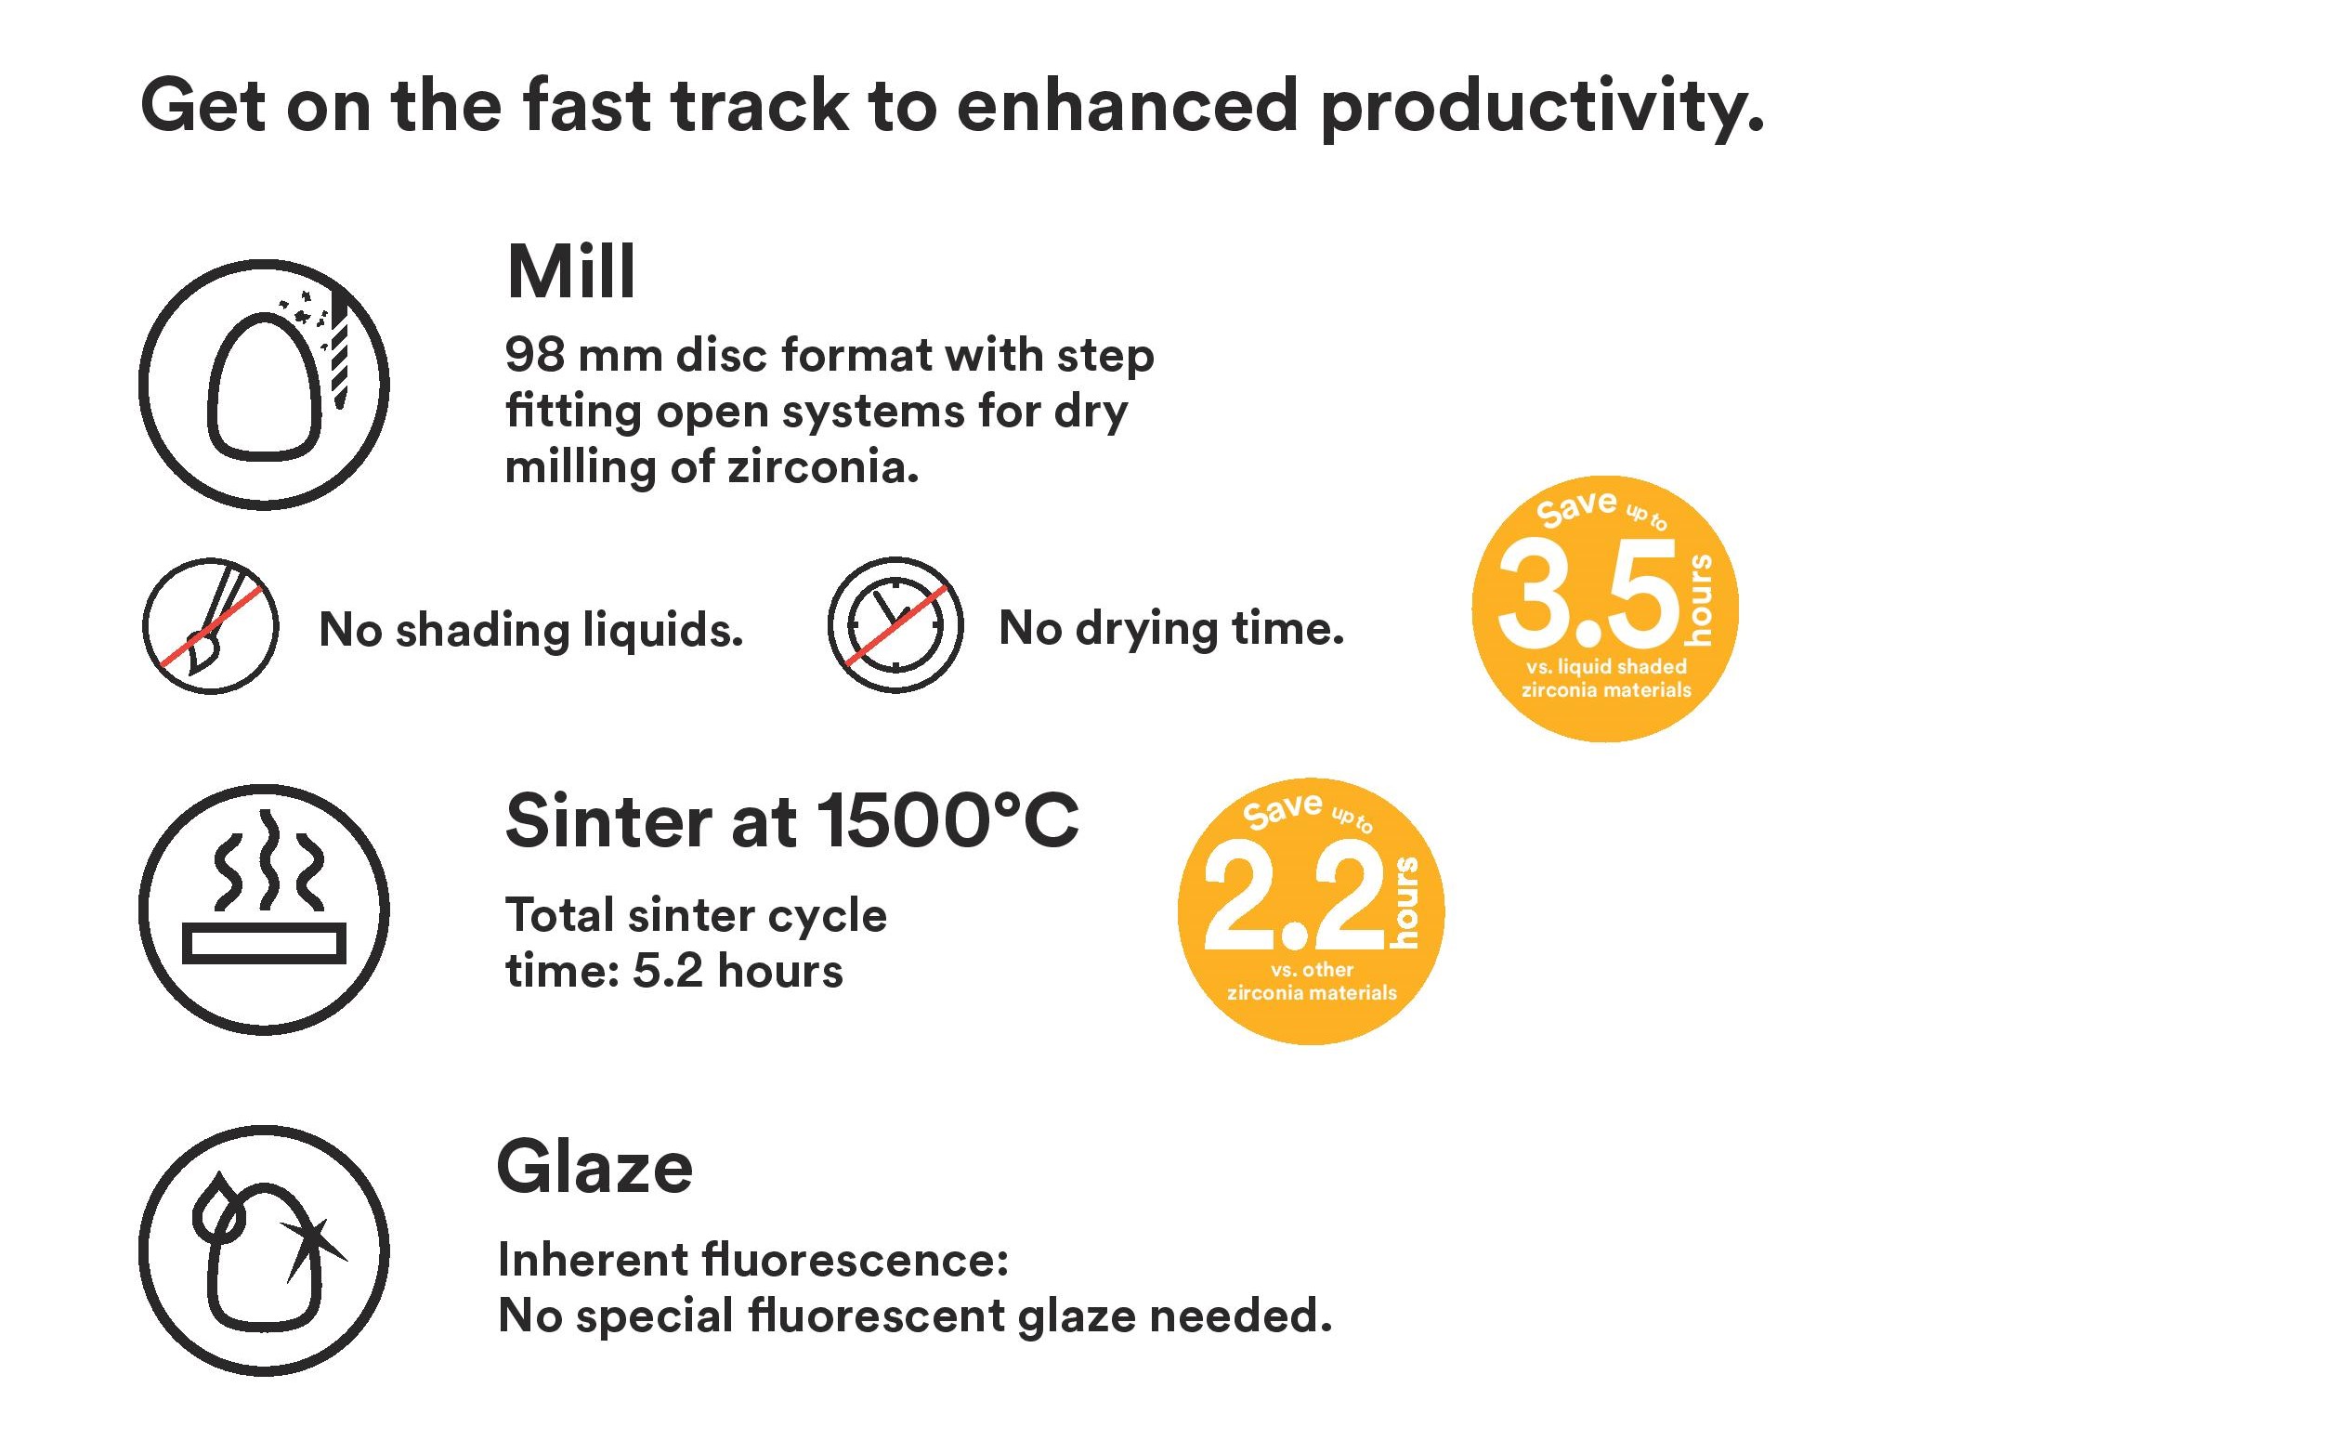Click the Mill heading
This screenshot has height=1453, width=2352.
570,272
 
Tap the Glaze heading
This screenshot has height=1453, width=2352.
595,1168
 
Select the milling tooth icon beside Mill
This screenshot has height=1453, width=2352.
264,385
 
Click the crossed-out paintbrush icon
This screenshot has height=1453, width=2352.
211,625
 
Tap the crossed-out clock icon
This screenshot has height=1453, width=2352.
895,624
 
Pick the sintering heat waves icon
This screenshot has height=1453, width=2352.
264,910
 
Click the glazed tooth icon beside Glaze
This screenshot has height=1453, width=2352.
264,1250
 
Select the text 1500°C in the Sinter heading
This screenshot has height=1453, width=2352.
947,821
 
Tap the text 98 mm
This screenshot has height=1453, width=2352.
583,356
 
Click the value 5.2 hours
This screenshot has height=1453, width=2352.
737,971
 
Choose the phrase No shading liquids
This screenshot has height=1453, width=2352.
530,631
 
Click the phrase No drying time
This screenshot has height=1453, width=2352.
1171,628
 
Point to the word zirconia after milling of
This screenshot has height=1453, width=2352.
822,468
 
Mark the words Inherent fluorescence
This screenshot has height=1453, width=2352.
753,1259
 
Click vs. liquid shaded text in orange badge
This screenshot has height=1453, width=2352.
1605,666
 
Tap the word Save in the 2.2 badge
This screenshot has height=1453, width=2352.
1283,809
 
